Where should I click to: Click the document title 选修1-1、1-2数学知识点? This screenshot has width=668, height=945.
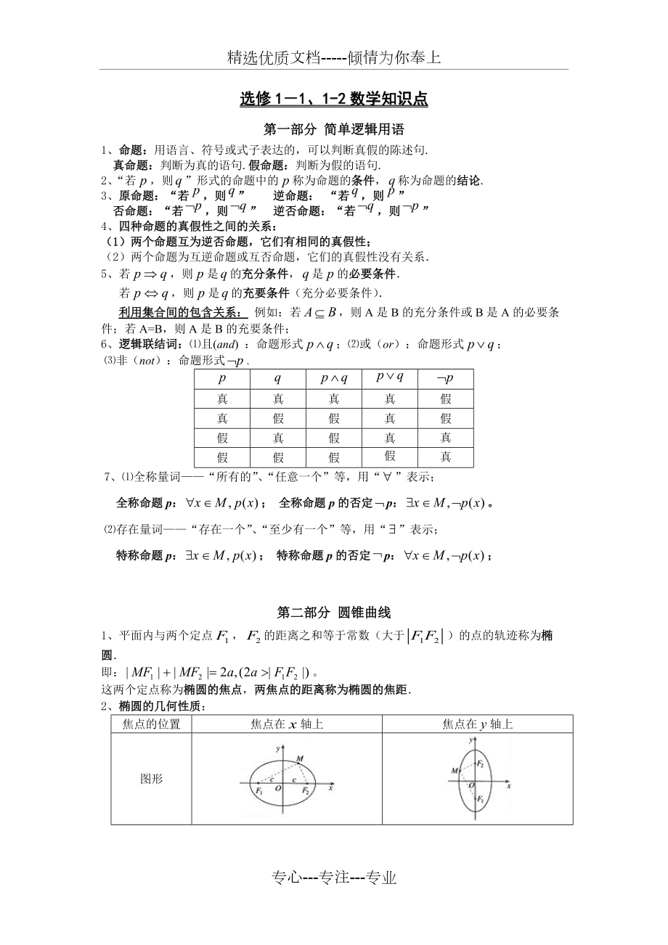pyautogui.click(x=333, y=99)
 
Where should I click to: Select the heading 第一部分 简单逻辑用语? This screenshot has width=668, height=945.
pyautogui.click(x=333, y=131)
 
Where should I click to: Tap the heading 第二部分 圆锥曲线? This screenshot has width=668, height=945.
pyautogui.click(x=333, y=613)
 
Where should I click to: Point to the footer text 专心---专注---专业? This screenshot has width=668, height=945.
pyautogui.click(x=334, y=878)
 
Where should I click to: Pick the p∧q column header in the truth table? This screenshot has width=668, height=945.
pyautogui.click(x=334, y=379)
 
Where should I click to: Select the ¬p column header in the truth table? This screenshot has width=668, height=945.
pyautogui.click(x=445, y=379)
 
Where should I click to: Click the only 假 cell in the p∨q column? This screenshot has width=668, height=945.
pyautogui.click(x=390, y=456)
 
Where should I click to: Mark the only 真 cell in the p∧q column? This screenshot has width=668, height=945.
pyautogui.click(x=334, y=398)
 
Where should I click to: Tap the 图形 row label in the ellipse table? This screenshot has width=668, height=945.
pyautogui.click(x=151, y=779)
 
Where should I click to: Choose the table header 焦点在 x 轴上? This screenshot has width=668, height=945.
pyautogui.click(x=287, y=724)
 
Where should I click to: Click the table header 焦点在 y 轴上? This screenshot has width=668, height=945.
pyautogui.click(x=478, y=724)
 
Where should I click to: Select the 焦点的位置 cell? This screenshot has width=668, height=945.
pyautogui.click(x=151, y=724)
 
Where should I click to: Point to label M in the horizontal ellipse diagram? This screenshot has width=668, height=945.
pyautogui.click(x=299, y=758)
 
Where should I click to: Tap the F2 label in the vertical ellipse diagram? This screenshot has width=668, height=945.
pyautogui.click(x=481, y=764)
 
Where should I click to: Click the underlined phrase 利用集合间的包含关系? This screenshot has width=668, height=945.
pyautogui.click(x=181, y=313)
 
